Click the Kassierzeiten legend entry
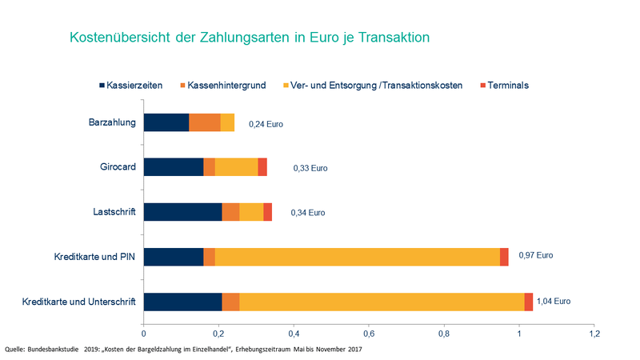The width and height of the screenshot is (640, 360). point(137,85)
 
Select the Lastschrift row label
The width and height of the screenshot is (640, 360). point(114,212)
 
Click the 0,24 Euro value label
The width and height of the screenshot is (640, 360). point(266,125)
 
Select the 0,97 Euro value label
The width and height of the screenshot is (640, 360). point(536,256)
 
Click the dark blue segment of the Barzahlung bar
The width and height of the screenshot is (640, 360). point(166,122)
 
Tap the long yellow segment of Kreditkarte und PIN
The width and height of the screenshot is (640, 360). point(357,257)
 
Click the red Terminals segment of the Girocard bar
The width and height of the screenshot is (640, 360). point(262,167)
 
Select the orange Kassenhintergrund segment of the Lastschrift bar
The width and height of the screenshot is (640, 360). point(230,212)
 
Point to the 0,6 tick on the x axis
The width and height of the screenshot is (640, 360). point(369,332)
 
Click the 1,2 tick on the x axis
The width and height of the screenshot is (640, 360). point(594,332)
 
